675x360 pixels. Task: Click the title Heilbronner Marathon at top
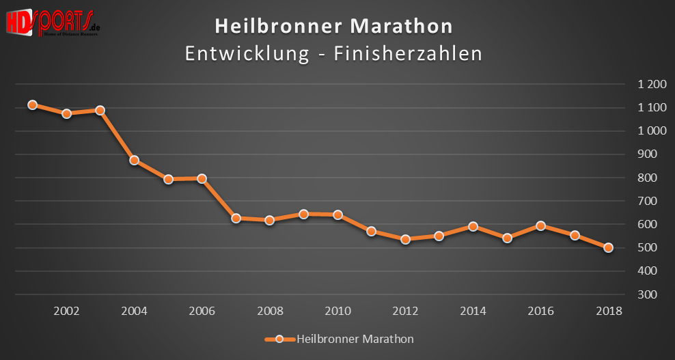click(x=333, y=26)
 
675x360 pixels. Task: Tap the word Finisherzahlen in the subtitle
click(x=407, y=54)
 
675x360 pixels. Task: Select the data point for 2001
click(x=32, y=105)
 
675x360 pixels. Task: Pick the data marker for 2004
click(x=134, y=161)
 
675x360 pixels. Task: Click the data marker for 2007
click(x=236, y=219)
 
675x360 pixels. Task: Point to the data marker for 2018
click(x=609, y=248)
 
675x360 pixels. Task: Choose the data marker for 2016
click(x=540, y=225)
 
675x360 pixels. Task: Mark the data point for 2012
click(x=405, y=239)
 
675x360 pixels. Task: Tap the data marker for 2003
click(x=100, y=110)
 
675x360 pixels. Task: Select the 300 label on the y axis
click(x=652, y=294)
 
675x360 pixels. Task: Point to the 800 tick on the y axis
click(x=652, y=178)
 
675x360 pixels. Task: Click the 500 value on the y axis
click(x=652, y=248)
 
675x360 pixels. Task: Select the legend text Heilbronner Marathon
click(x=355, y=339)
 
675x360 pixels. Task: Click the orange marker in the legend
click(x=279, y=339)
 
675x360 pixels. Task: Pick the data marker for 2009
click(x=303, y=214)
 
